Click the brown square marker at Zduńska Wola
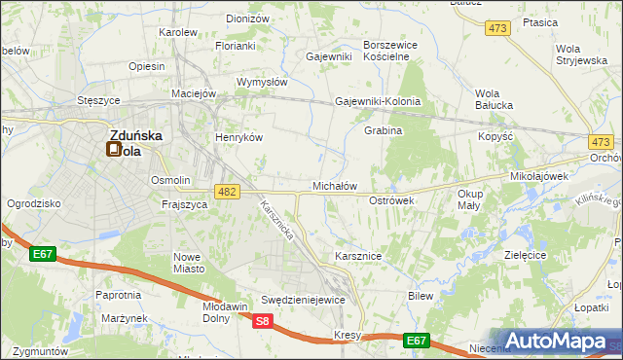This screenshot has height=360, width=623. coord(114,150)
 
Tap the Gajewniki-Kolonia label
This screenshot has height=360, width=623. coord(378,101)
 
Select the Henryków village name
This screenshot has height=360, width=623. coord(239,138)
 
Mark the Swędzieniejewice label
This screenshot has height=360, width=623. coord(303,300)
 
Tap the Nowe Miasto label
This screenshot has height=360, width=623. coord(187,263)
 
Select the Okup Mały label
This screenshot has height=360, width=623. coord(469,199)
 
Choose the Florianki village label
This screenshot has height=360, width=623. coord(236,46)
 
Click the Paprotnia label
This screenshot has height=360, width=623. coord(119,294)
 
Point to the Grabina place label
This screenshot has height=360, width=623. coord(383,130)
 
